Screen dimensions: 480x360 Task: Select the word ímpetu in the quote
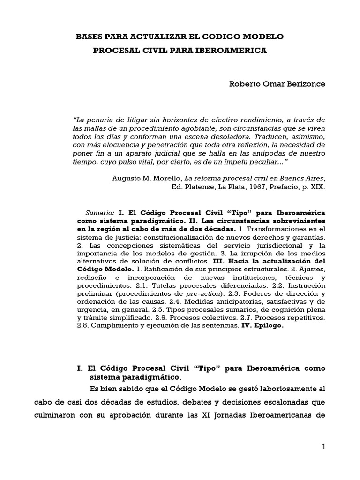pyautogui.click(x=228, y=162)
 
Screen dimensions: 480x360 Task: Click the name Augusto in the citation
pyautogui.click(x=128, y=178)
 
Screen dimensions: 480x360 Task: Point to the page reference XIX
pyautogui.click(x=317, y=186)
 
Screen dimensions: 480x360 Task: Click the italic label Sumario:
pyautogui.click(x=101, y=212)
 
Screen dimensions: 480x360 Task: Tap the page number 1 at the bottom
pyautogui.click(x=323, y=447)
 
